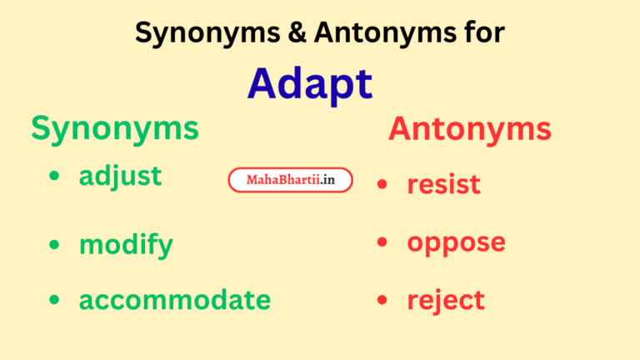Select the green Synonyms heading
115,128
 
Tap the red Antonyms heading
469,129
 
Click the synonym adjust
120,177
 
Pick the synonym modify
126,245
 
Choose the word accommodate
174,299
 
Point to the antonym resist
443,183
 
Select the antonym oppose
456,242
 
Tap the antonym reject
445,300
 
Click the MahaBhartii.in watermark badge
290,180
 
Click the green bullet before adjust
54,177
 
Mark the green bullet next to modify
54,244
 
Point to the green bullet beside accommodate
54,299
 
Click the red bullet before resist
382,183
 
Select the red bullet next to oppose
382,242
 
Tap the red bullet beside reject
382,300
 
